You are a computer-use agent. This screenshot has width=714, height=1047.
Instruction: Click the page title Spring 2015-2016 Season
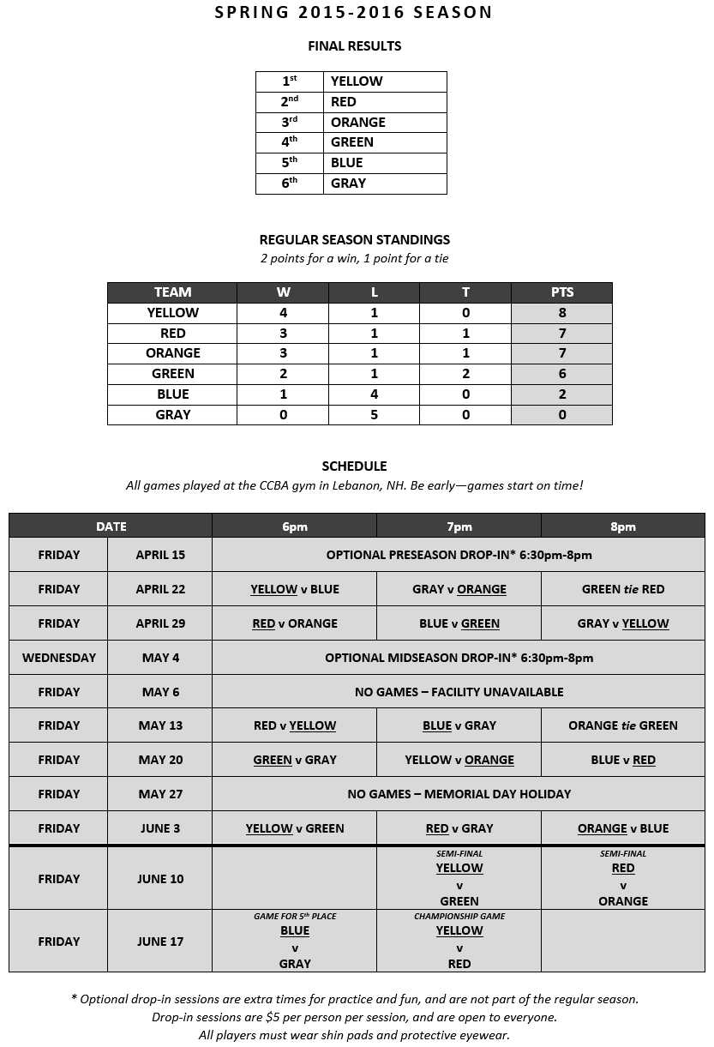click(354, 12)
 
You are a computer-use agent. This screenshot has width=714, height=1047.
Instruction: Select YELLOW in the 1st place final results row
click(357, 81)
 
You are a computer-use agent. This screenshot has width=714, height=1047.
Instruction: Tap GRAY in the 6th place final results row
click(348, 184)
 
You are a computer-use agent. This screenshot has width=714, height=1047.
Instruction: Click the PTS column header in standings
click(561, 292)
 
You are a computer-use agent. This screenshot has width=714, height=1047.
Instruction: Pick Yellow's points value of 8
click(561, 313)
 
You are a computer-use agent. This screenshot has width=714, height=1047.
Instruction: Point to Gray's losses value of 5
click(374, 415)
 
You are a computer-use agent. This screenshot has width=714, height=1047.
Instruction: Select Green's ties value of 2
click(465, 374)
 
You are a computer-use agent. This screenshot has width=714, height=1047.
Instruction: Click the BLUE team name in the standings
click(172, 394)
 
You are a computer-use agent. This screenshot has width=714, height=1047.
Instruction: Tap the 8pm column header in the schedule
click(623, 527)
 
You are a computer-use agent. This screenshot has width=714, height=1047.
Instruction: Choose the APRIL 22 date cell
click(160, 589)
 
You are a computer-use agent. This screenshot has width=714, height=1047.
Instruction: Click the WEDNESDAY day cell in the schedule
click(59, 658)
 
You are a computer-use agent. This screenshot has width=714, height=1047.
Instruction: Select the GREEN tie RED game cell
click(623, 589)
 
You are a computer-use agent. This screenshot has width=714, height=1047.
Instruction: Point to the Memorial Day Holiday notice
click(459, 794)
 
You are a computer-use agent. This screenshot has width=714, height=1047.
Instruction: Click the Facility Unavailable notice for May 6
click(459, 692)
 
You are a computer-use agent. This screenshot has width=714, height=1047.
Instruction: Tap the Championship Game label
click(459, 916)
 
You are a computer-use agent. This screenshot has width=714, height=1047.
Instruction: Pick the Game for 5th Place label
click(295, 916)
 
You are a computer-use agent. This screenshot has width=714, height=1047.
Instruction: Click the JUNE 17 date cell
click(160, 942)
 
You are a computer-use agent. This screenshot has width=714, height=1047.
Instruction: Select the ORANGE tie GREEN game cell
click(623, 725)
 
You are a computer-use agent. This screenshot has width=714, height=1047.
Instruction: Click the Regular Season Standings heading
click(354, 240)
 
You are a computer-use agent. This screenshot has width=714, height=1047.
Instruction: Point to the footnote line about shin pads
click(354, 1035)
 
